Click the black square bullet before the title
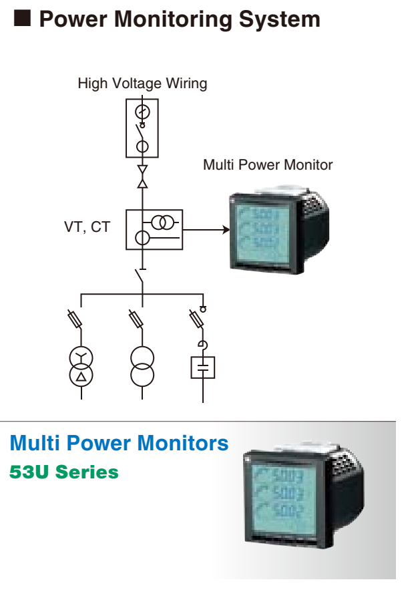(x=22, y=19)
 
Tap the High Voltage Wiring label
(x=142, y=84)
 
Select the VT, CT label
(x=87, y=227)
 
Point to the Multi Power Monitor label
(x=268, y=164)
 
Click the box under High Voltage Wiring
(x=142, y=128)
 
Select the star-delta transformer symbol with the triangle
(x=81, y=366)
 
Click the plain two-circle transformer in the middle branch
(x=142, y=366)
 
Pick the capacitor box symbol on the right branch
(x=202, y=367)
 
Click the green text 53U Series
(x=64, y=472)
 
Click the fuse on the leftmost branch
(x=75, y=319)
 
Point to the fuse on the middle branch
(x=136, y=319)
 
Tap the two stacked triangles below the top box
(x=142, y=174)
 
